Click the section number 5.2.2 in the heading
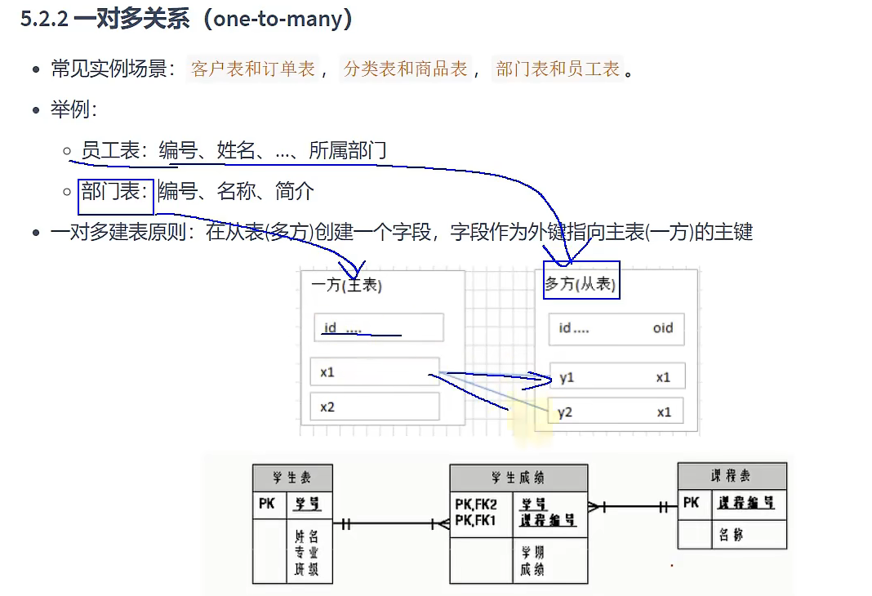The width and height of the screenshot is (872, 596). tap(44, 19)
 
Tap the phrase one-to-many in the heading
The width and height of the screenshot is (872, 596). tap(278, 19)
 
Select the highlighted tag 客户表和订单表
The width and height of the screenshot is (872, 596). tap(253, 69)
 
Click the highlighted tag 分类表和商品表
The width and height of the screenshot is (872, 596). tap(405, 69)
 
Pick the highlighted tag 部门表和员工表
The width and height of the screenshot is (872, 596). tap(558, 69)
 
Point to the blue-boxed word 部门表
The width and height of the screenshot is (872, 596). tap(114, 193)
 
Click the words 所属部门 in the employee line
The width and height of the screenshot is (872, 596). tap(347, 151)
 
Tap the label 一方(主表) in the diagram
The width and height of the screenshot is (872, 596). tap(347, 285)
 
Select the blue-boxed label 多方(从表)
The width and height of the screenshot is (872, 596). tap(581, 285)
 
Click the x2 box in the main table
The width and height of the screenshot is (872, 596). tap(375, 406)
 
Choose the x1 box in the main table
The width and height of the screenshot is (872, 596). tap(375, 372)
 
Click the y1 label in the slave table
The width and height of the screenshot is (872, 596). tap(567, 377)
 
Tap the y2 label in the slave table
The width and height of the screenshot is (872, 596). tap(565, 412)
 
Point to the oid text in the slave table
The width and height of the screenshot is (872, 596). tap(663, 328)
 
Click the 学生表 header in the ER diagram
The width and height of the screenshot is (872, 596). tap(292, 478)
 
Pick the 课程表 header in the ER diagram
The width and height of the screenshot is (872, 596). tap(732, 476)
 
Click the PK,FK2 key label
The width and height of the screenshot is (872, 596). tap(474, 504)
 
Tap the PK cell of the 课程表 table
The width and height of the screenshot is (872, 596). tap(692, 503)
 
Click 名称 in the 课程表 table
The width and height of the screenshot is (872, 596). tap(731, 536)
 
